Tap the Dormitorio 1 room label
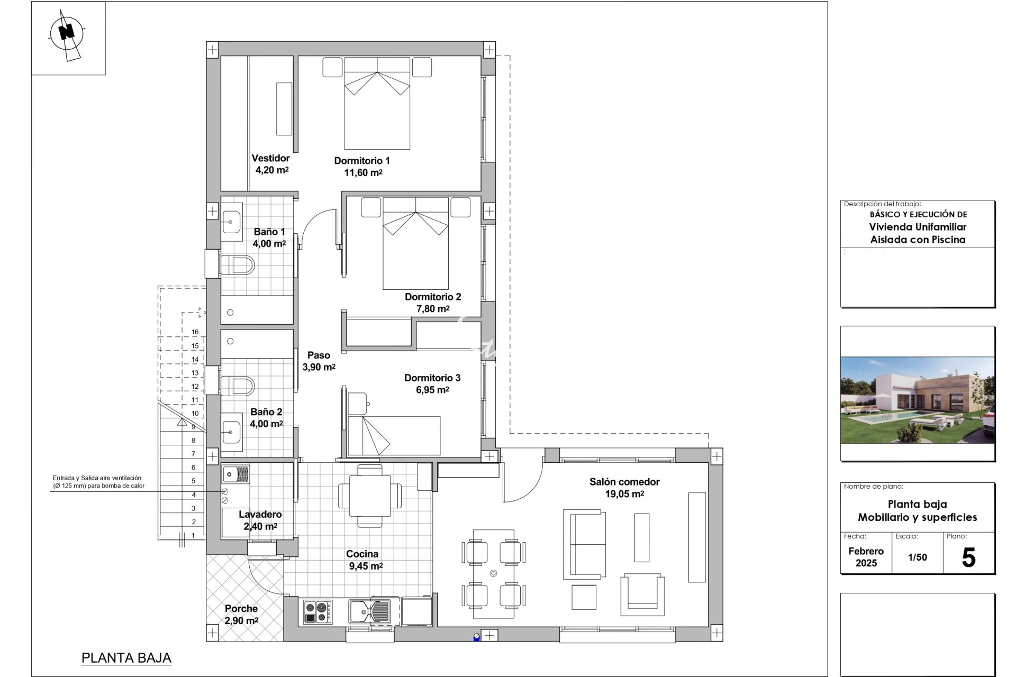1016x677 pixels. point(362,161)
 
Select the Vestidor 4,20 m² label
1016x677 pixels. point(271,164)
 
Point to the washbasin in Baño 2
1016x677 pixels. point(232,432)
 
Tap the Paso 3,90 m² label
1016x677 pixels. point(319,361)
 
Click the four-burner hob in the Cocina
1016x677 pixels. point(318,612)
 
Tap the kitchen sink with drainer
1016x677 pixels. point(369,611)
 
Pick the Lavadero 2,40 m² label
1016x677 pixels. point(260,520)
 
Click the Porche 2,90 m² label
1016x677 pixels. point(241,615)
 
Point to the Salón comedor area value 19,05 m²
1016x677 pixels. point(624,494)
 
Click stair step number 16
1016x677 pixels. point(195,332)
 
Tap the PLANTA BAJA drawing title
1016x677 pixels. point(126,658)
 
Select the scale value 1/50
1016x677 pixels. point(918,557)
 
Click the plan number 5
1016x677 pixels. point(968,558)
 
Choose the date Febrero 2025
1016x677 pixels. point(866,557)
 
